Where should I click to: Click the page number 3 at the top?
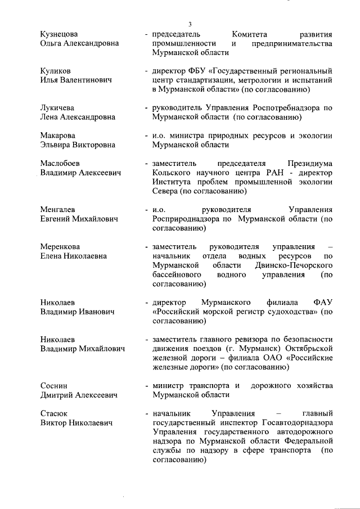click(x=190, y=24)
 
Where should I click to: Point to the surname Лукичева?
click(x=58, y=108)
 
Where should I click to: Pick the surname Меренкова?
click(x=60, y=246)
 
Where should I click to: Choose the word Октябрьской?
click(x=300, y=348)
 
